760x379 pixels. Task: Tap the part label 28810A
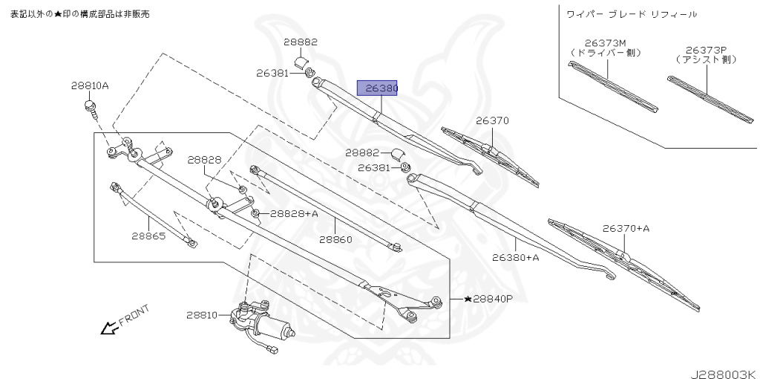tap(90, 85)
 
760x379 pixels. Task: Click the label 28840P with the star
tap(488, 299)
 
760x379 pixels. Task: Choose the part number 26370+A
tap(626, 228)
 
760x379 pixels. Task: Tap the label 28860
tap(335, 239)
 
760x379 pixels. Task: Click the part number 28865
tap(148, 236)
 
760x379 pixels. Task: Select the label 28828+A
tap(294, 213)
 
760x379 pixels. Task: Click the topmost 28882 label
tap(301, 42)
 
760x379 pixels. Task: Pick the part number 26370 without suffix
tap(493, 120)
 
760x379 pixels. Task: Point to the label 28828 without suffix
tap(204, 160)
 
